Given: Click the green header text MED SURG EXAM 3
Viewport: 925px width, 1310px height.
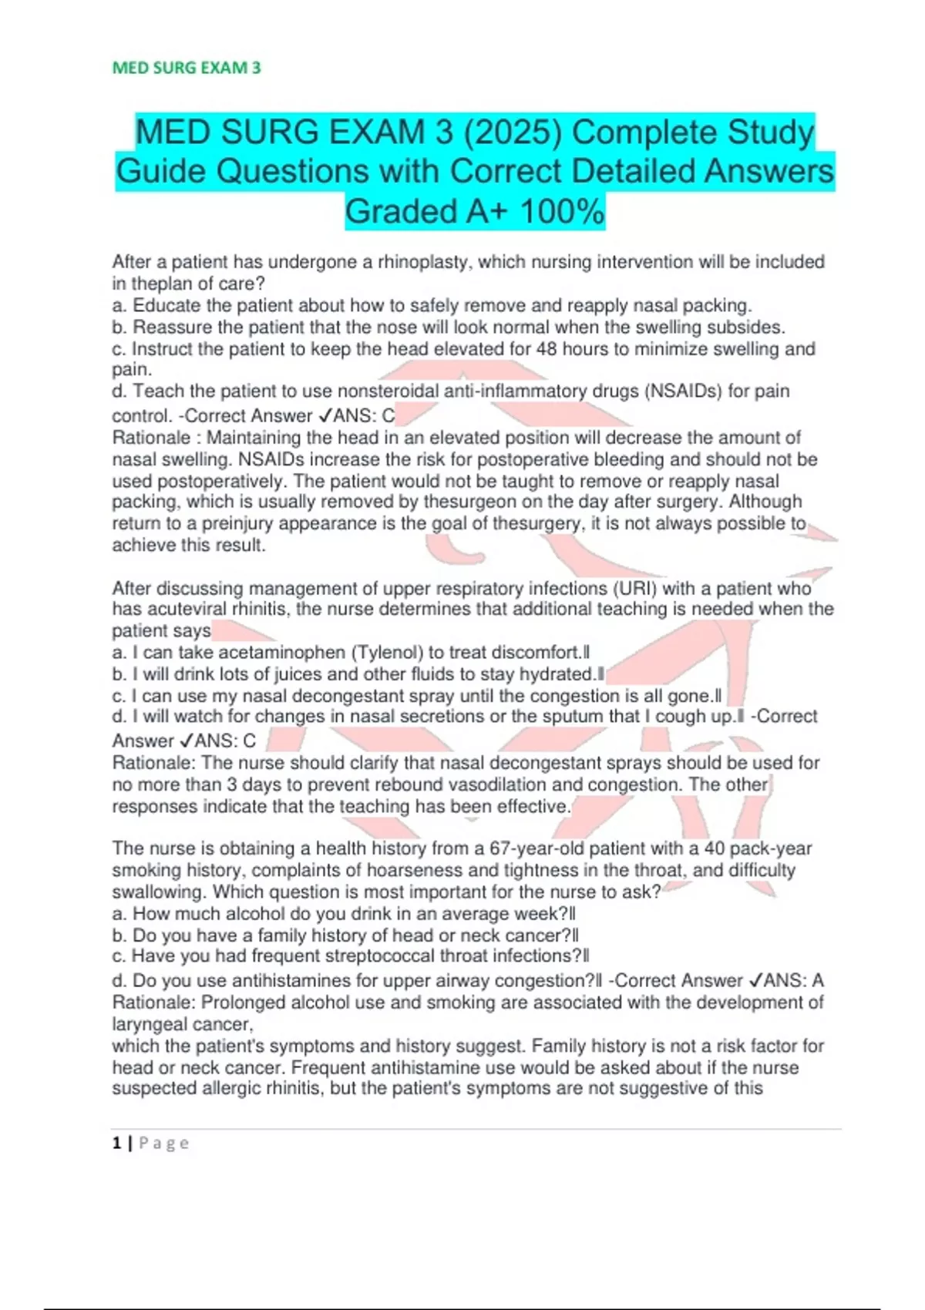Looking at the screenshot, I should tap(187, 68).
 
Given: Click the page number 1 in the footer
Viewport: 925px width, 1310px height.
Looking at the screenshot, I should tap(116, 1144).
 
